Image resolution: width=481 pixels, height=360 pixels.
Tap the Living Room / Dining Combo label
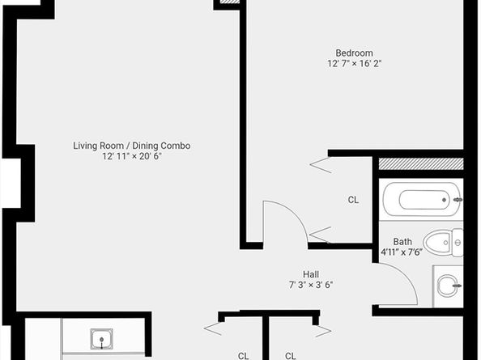click(x=131, y=146)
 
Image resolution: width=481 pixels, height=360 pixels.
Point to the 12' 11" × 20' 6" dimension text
click(x=131, y=157)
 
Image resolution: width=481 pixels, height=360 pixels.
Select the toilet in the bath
click(x=443, y=240)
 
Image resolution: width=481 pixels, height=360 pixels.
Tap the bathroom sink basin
click(x=448, y=285)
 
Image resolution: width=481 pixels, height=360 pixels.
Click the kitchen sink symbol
click(x=101, y=338)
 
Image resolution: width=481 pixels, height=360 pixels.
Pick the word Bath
click(x=402, y=241)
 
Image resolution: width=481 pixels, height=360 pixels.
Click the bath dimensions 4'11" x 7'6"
click(x=403, y=252)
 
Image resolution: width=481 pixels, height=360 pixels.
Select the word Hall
click(x=311, y=273)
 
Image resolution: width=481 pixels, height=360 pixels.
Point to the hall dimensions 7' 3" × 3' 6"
click(x=311, y=285)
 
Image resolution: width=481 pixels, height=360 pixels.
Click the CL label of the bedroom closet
click(x=353, y=200)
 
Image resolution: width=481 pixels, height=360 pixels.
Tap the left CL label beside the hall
click(x=243, y=354)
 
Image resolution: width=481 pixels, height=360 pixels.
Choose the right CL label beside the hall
click(x=290, y=354)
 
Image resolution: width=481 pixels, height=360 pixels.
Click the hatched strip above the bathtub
click(x=421, y=164)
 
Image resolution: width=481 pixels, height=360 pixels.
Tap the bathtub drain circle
click(x=443, y=199)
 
